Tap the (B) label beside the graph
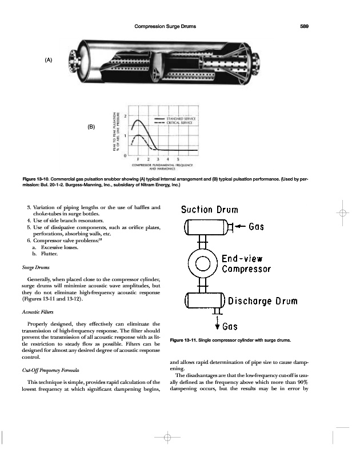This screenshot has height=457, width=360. [91, 126]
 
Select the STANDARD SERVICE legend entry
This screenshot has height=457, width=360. [177, 118]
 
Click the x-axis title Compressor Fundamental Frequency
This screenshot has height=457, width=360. [164, 166]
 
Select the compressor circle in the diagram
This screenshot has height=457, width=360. [203, 263]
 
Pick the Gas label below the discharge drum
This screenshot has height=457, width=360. [230, 327]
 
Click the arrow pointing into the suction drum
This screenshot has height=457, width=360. [239, 227]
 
